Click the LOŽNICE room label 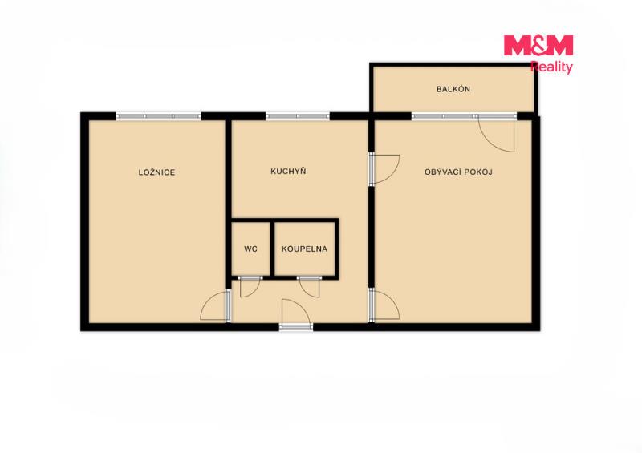click(x=156, y=172)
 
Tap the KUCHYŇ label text click(x=288, y=171)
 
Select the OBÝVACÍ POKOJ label click(x=458, y=172)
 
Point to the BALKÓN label click(x=453, y=89)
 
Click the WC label click(x=250, y=249)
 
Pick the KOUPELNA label click(x=305, y=249)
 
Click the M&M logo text click(x=538, y=45)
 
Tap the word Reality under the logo click(x=551, y=67)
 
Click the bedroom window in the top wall click(x=159, y=116)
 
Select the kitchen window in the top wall click(x=298, y=116)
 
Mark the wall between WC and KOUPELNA click(x=272, y=249)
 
